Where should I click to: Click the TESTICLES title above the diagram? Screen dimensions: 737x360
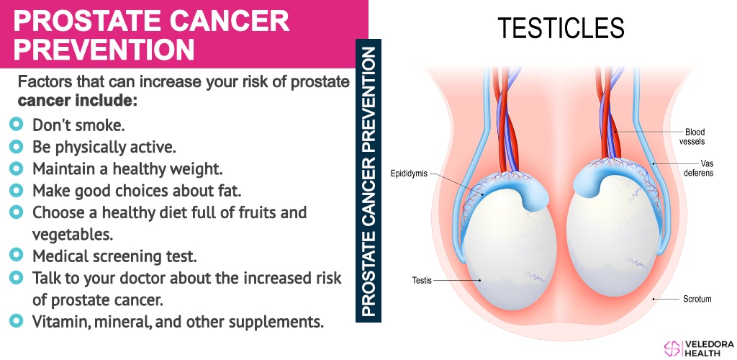tap(561, 28)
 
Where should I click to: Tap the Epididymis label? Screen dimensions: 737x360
tap(409, 174)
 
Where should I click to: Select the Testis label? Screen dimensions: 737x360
tap(422, 281)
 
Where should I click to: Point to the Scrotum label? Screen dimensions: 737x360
tap(697, 298)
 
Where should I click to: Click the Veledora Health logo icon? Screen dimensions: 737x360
tap(673, 348)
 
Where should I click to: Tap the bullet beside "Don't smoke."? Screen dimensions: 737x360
tap(16, 125)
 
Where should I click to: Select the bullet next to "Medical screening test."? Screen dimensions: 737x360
tap(16, 255)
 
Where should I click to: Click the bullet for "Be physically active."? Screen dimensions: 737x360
tap(16, 147)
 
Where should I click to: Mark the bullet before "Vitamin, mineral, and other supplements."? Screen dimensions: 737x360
tap(16, 321)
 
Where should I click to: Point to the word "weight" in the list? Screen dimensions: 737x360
tap(194, 169)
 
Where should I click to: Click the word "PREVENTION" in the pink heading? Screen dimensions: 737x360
tap(104, 50)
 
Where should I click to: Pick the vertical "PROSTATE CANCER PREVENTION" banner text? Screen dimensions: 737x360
tap(369, 181)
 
